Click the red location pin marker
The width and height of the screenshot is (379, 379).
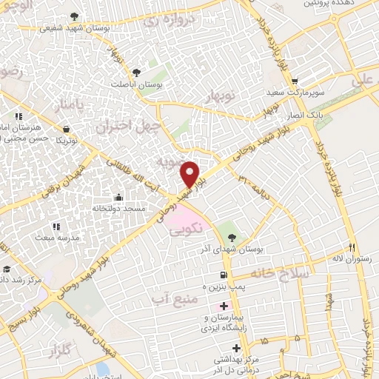coord(190,173)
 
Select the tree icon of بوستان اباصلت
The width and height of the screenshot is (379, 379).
coord(135,73)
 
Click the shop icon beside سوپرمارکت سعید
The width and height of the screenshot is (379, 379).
coord(295,82)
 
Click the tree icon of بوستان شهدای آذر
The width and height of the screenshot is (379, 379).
coord(232,238)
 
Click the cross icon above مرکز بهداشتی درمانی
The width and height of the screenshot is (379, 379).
coord(236,347)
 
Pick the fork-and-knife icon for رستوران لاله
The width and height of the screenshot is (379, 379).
coord(352,248)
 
